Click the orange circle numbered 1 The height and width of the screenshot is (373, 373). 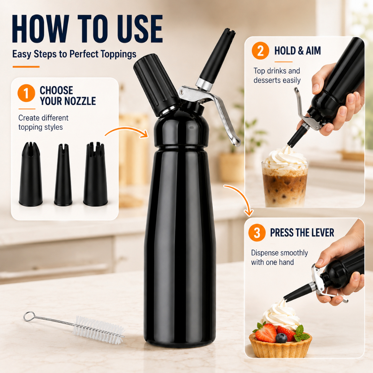click(26, 93)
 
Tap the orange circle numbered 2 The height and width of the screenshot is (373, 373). click(260, 50)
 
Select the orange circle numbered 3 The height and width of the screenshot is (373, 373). click(257, 232)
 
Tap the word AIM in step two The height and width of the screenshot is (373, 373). click(313, 50)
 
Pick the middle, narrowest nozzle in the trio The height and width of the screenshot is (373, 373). click(63, 175)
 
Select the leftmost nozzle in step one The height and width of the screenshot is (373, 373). click(31, 174)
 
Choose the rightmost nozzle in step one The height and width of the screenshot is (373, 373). click(95, 174)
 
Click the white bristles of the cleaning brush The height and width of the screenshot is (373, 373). click(98, 329)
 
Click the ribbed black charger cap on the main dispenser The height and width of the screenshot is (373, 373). click(154, 85)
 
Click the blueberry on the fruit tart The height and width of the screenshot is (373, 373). click(281, 338)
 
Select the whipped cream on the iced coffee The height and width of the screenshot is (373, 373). click(285, 157)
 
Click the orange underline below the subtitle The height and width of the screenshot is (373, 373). click(26, 67)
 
